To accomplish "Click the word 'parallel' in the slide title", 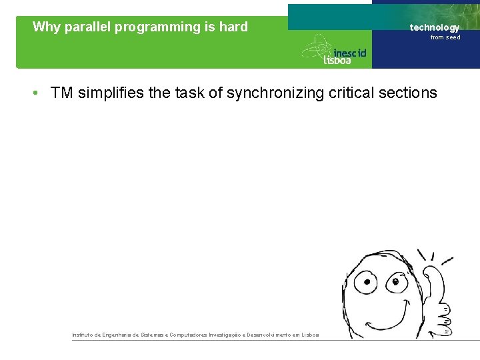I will coord(89,27).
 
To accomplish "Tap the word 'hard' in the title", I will coord(233,27).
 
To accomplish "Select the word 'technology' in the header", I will coord(434,27).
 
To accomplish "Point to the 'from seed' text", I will coord(445,37).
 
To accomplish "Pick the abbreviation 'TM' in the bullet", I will coord(61,93).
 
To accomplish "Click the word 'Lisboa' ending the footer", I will coord(311,335).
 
